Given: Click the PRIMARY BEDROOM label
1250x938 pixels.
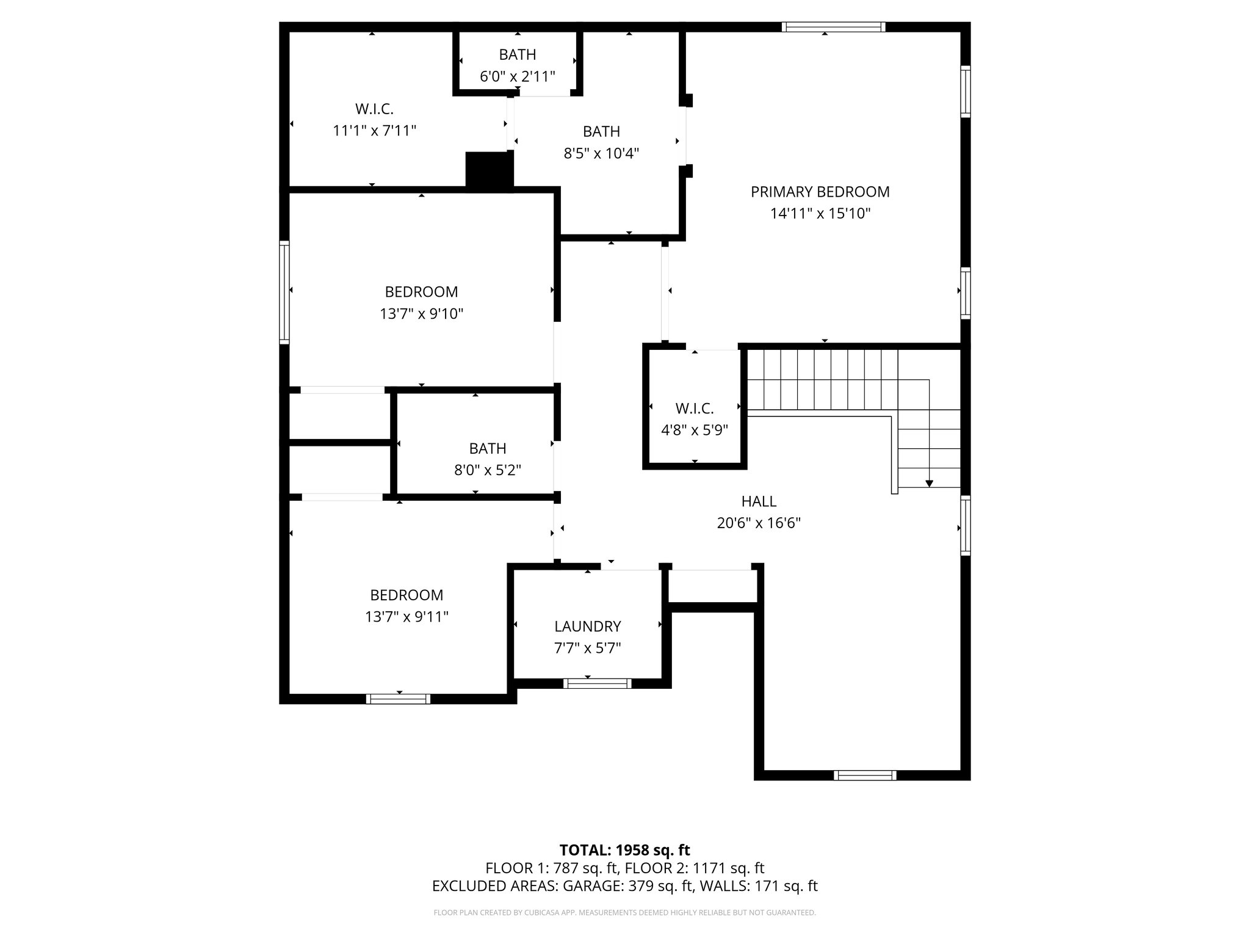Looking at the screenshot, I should (x=820, y=192).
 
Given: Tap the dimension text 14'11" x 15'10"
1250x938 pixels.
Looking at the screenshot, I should (x=820, y=214).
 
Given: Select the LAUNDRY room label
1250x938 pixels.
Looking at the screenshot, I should (x=587, y=626).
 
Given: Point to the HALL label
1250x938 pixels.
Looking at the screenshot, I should (x=759, y=501).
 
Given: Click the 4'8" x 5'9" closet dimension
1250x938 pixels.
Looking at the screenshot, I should (x=695, y=430).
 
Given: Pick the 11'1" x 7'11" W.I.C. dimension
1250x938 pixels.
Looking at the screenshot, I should (x=374, y=131).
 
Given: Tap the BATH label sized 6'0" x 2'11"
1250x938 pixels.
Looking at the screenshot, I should (x=518, y=54).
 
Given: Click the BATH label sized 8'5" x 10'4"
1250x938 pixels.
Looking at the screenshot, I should (x=601, y=131).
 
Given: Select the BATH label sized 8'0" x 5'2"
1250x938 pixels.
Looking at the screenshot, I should (x=487, y=448).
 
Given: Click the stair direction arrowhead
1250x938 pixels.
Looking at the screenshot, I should (x=929, y=484).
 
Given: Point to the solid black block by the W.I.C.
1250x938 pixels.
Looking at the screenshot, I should (x=489, y=170).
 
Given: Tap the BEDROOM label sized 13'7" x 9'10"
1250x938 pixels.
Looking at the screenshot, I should (x=421, y=292).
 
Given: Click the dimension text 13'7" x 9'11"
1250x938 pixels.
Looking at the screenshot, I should (x=406, y=617).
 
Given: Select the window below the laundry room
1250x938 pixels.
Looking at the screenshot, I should (x=597, y=683).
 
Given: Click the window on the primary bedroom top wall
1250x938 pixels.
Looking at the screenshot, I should (x=833, y=27).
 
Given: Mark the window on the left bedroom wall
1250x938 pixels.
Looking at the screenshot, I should (x=284, y=291).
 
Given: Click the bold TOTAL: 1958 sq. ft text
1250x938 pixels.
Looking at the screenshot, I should (x=624, y=850).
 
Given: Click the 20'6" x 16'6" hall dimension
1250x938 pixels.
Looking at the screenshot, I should (x=759, y=523).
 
